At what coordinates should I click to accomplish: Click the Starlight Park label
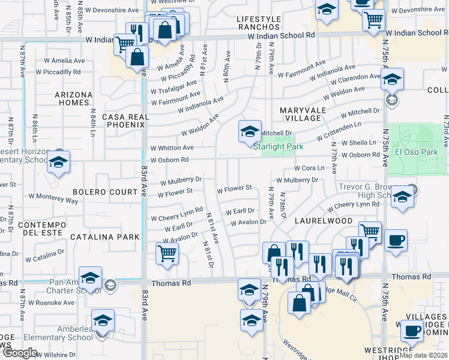(278, 147)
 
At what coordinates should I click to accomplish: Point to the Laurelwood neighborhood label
(323, 220)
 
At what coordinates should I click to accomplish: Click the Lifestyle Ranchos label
(259, 23)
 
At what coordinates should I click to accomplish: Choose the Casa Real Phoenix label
(124, 121)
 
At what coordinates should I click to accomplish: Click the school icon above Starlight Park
(250, 131)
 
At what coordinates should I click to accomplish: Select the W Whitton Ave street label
(172, 148)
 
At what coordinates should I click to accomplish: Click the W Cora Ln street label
(309, 168)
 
